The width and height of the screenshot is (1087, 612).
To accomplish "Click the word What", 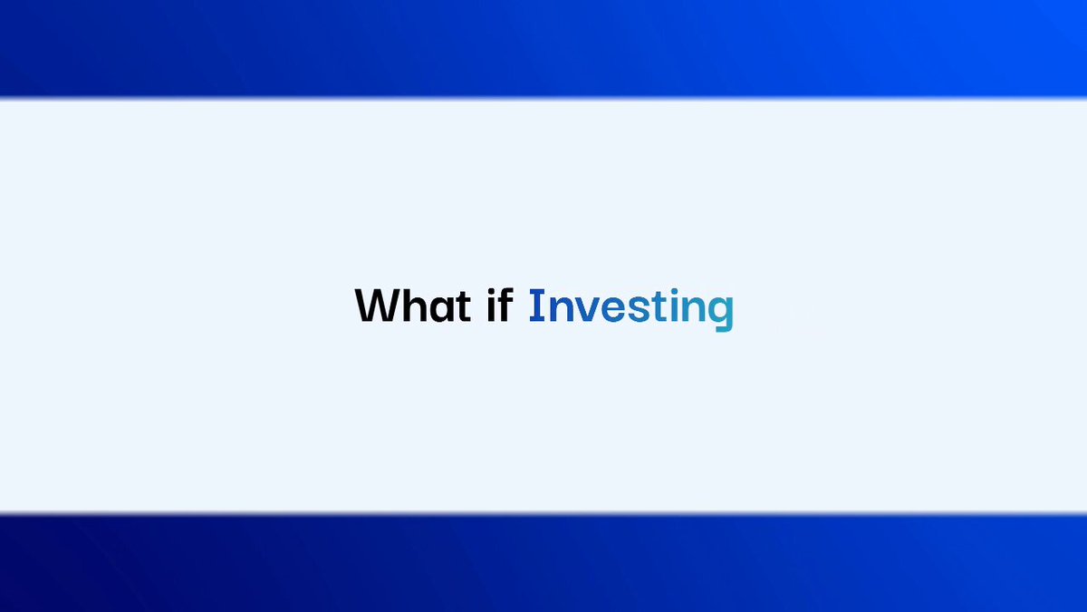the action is coord(413,305).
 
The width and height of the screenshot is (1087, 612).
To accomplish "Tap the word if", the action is coord(500,305).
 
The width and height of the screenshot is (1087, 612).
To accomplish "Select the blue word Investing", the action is coord(631,309).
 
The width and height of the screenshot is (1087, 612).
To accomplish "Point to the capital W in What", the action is coord(376,306).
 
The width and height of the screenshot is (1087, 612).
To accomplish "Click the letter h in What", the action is coord(413,305).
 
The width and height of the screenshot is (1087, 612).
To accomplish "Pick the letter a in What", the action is coord(441,309).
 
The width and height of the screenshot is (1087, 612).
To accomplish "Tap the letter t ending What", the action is coord(464,306).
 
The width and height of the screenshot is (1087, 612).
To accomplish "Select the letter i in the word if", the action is coord(491,306).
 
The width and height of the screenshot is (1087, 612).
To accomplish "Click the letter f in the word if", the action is coord(505,305).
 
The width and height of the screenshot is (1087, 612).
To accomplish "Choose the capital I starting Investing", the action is coord(536,305).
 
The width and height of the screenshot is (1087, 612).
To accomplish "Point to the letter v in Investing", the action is coord(586,309).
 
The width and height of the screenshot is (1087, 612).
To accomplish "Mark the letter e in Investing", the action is coord(612,309).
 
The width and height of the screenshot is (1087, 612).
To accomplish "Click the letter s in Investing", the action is coord(639,309).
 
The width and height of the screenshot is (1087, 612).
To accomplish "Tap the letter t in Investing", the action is coord(659,306).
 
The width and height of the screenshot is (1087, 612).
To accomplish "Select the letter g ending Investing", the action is coord(721,315).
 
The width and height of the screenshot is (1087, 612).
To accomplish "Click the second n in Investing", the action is coord(693,309).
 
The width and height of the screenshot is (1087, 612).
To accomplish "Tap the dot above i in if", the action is coord(491,292).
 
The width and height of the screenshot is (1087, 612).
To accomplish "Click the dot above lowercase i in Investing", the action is coord(674,292).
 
